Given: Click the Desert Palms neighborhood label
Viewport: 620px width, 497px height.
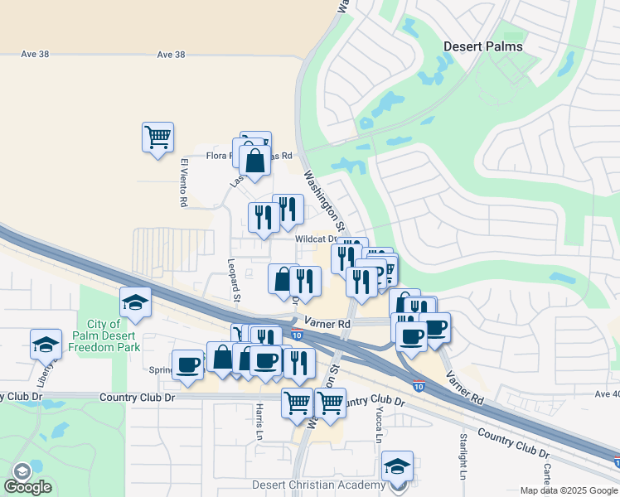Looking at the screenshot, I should (483, 46).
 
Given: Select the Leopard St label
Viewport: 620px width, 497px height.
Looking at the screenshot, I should (234, 280).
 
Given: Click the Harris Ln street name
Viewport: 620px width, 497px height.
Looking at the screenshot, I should (259, 421).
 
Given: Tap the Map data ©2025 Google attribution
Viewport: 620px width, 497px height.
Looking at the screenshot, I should (569, 490).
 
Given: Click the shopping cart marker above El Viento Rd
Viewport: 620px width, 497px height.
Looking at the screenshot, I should (157, 135).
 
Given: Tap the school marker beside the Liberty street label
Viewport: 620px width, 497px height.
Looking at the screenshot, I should (46, 343).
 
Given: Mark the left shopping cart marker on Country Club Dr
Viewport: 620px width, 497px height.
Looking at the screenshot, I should (298, 402).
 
